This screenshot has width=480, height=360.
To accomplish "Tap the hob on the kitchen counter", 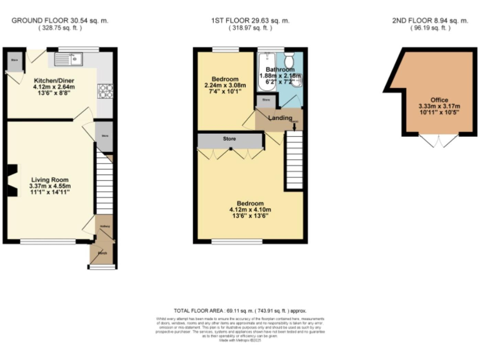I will pos(104,91).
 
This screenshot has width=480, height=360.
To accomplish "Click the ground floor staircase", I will pos(104,184).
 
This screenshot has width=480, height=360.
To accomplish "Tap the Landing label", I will pos(280,117).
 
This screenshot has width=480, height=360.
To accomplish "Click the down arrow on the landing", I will pos(294,127).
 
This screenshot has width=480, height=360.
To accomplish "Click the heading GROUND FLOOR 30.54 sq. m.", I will pos(60,21).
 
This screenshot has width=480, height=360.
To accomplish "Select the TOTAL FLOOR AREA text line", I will pos(240,311).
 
